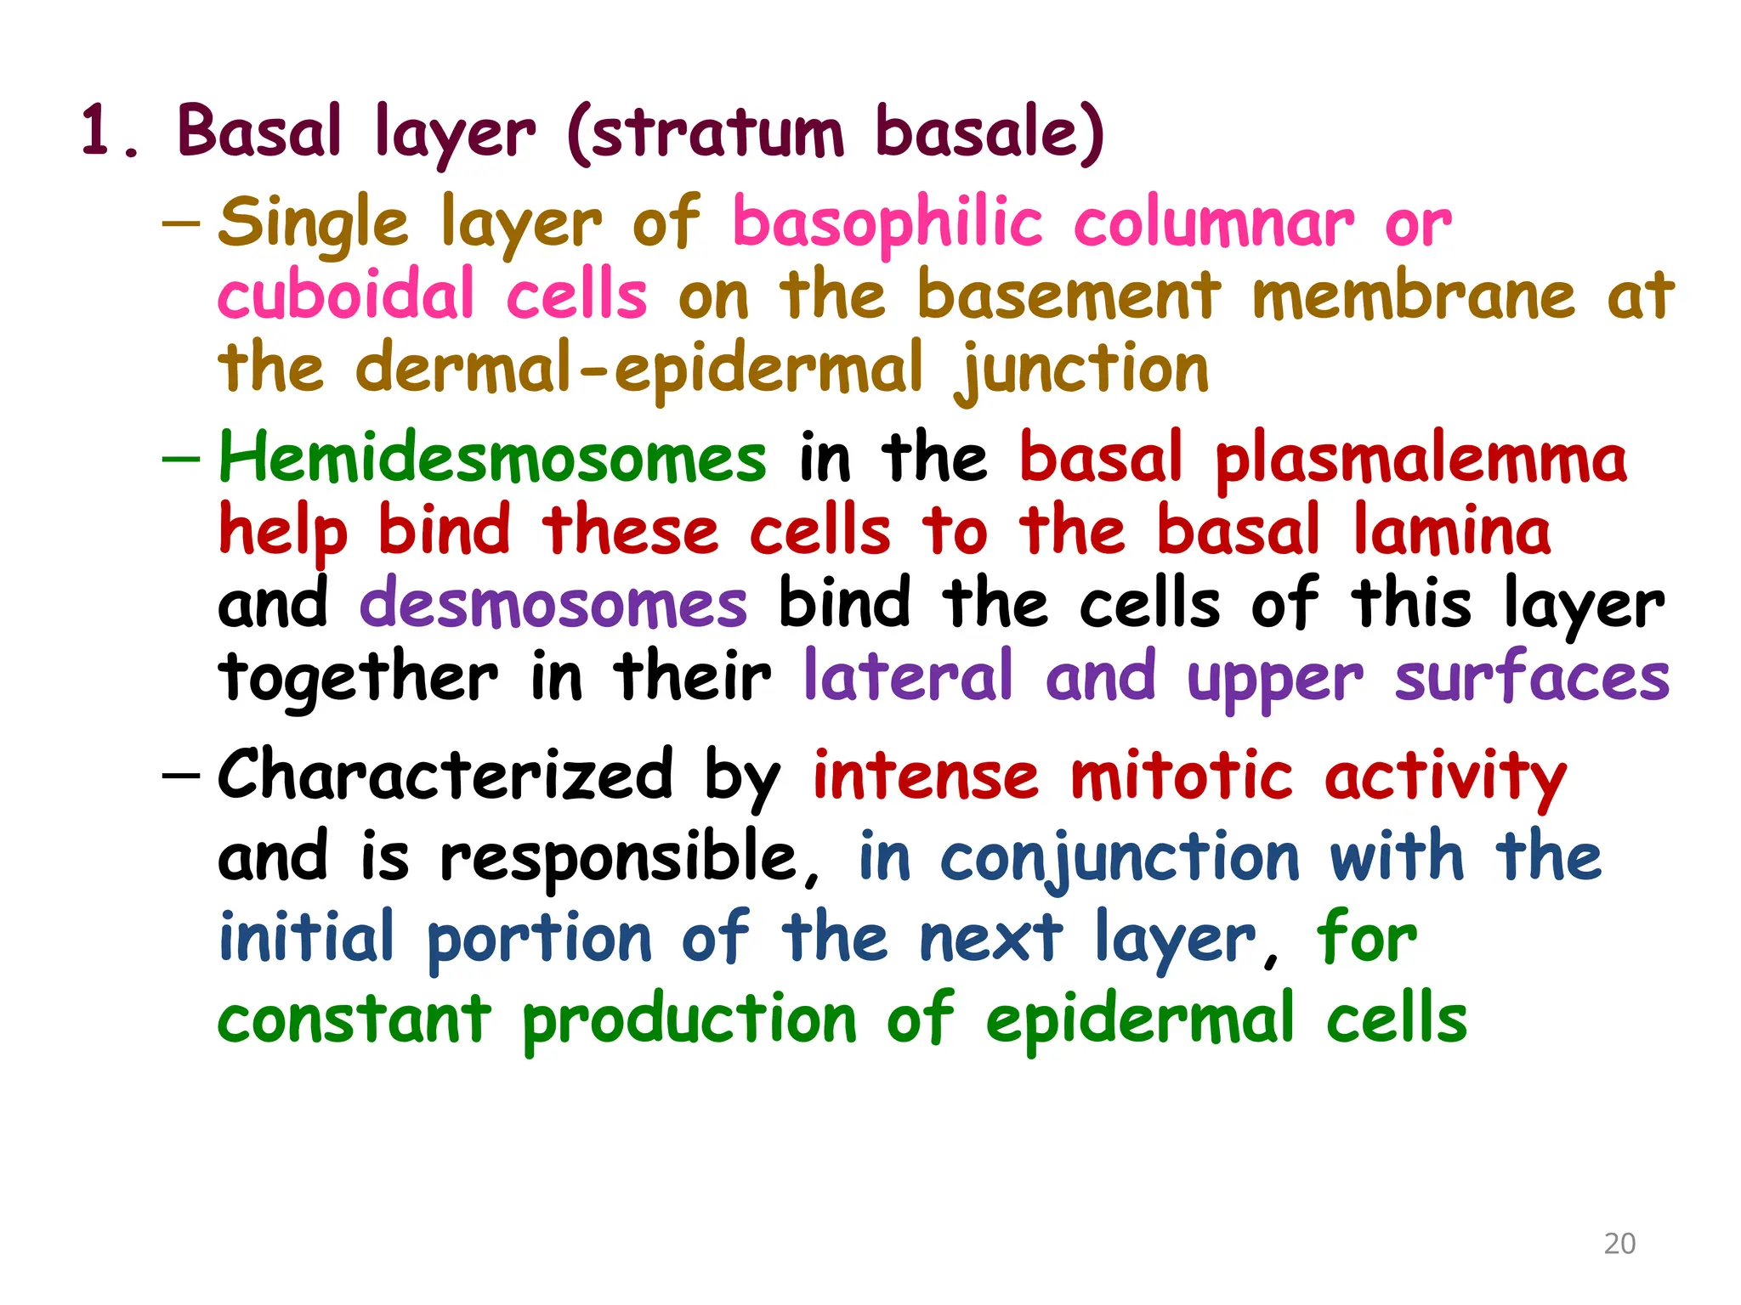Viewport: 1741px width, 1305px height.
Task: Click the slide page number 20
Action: pos(1619,1243)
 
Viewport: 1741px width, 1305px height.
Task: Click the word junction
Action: pos(1081,370)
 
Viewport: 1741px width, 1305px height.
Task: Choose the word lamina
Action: pos(1452,531)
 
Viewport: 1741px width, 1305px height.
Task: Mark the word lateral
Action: pos(908,676)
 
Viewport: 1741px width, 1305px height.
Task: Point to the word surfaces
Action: pos(1532,678)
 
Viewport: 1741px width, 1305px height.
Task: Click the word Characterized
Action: pos(445,775)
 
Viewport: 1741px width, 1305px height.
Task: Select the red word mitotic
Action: pos(1181,777)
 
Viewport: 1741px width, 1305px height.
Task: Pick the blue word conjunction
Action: pos(1120,858)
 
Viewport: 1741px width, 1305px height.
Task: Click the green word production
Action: pos(689,1020)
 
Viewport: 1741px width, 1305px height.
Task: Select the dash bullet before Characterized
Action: pos(180,775)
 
